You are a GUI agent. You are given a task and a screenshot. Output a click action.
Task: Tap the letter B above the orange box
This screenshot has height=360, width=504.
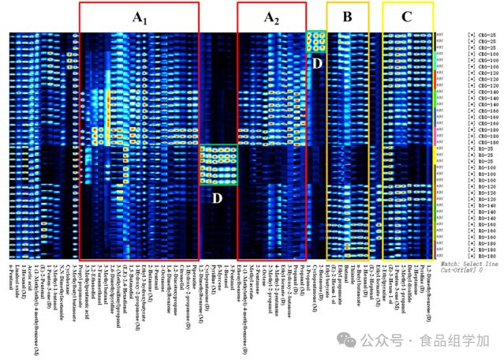(x=347, y=16)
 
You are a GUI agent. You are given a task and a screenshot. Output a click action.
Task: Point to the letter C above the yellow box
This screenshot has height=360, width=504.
(x=406, y=16)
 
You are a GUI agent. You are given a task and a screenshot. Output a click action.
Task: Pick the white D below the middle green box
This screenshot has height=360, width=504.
(x=216, y=189)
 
